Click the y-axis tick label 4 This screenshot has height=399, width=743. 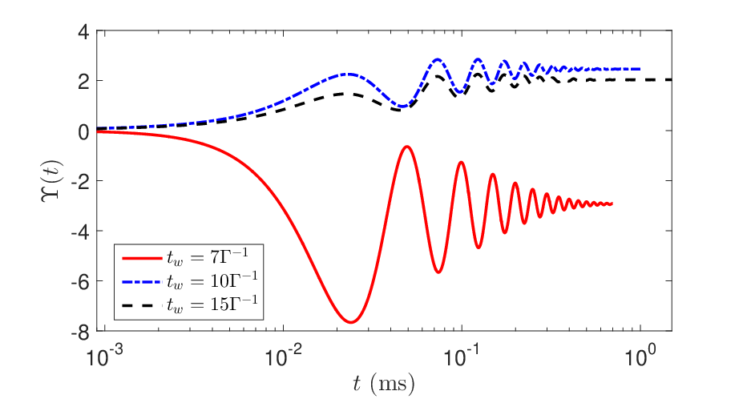[83, 33]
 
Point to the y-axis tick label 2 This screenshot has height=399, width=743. [83, 83]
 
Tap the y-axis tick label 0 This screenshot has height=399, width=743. [83, 133]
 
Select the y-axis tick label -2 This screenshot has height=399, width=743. [80, 183]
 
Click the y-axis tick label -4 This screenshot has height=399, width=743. [80, 233]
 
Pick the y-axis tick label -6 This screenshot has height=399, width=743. [80, 283]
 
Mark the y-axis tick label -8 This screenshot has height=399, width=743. [80, 333]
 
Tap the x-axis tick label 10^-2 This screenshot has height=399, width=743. [283, 357]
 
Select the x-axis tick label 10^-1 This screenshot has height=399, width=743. [462, 357]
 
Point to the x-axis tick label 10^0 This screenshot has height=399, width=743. [640, 357]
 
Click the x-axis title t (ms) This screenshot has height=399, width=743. [384, 383]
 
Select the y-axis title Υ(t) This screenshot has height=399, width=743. [51, 181]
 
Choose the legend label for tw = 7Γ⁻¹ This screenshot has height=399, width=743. [207, 256]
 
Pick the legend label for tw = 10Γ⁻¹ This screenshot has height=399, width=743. [212, 280]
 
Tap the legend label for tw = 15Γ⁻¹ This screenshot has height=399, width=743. [212, 304]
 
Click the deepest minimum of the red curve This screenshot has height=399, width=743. [351, 322]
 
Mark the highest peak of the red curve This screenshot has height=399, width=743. [406, 147]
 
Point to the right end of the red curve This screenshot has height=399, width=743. [612, 204]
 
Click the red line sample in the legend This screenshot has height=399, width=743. [142, 258]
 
